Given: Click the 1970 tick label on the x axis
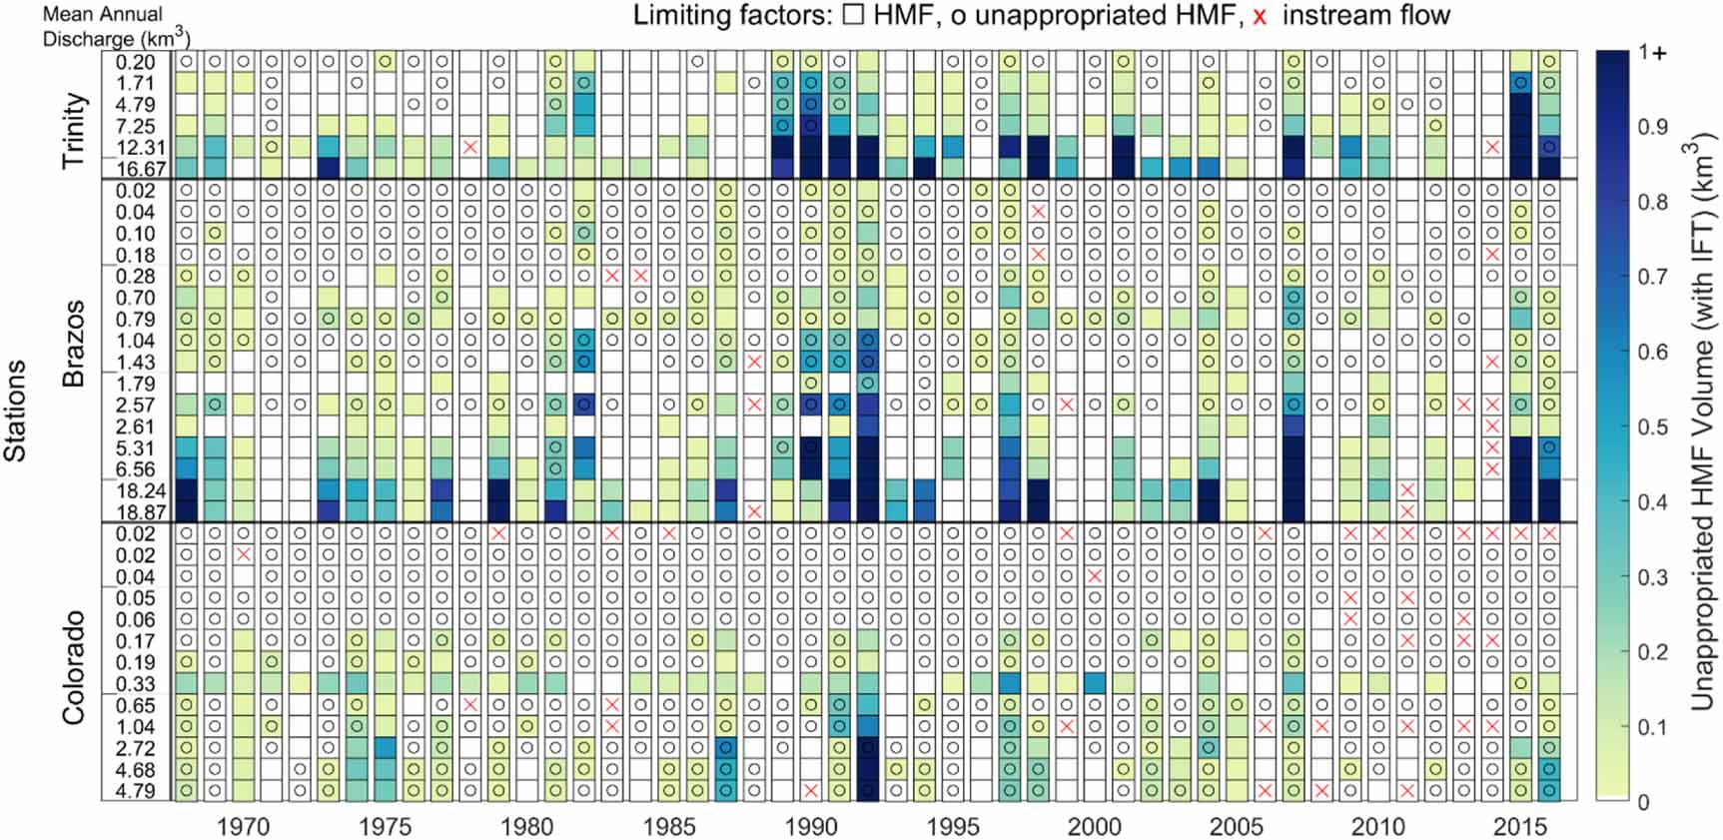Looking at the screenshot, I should click(x=243, y=826).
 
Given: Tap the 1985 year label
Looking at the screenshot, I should click(x=669, y=826).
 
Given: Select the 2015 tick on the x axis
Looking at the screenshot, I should click(x=1519, y=826).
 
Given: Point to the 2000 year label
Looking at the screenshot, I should click(x=1094, y=826).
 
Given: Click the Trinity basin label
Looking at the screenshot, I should click(x=75, y=130).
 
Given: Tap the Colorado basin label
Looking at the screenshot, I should click(x=75, y=667).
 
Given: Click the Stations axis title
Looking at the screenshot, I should click(x=15, y=411).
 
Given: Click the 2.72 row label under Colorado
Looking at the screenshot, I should click(x=136, y=748).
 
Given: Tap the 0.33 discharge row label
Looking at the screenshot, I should click(x=136, y=684).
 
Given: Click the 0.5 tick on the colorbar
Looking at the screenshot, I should click(x=1654, y=426).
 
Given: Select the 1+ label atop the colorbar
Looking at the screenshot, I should click(x=1654, y=53).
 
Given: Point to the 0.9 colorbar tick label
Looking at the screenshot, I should click(x=1654, y=127).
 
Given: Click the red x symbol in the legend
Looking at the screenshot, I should click(x=1259, y=17).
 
